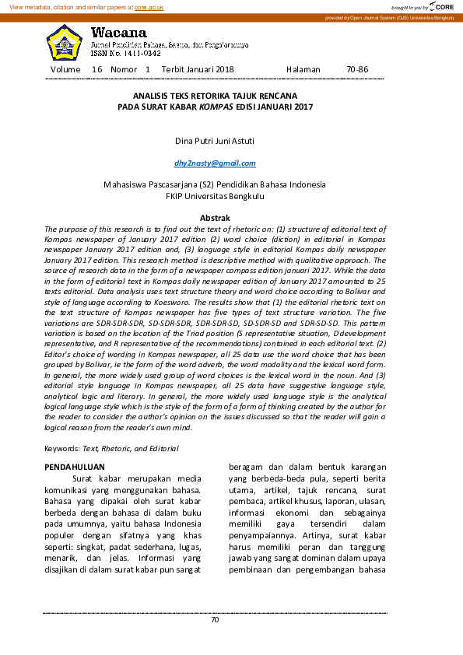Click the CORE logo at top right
pyautogui.click(x=442, y=6)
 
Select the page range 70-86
pyautogui.click(x=357, y=69)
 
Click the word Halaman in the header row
pyautogui.click(x=303, y=69)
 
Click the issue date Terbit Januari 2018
pyautogui.click(x=198, y=69)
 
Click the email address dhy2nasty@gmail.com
pyautogui.click(x=215, y=163)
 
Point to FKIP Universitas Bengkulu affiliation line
pyautogui.click(x=215, y=197)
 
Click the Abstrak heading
pyautogui.click(x=215, y=219)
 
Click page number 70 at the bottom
pyautogui.click(x=215, y=620)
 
